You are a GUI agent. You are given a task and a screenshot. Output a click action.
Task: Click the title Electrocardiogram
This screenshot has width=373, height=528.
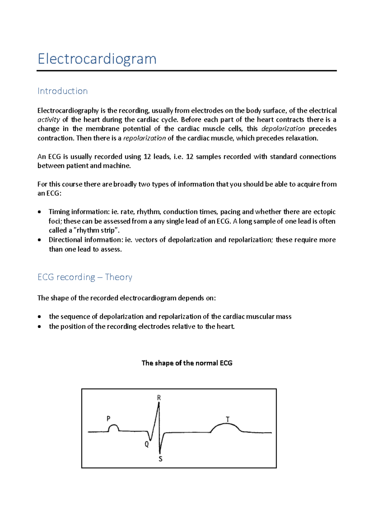(97, 59)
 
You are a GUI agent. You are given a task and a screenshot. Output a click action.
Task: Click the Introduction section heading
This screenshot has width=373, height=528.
(62, 91)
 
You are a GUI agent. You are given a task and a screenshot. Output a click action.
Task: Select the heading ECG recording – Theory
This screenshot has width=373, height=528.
(85, 277)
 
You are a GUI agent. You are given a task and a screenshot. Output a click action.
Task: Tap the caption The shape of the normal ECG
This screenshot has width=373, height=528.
(187, 363)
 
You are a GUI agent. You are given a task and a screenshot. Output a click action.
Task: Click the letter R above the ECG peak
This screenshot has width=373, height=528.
(159, 398)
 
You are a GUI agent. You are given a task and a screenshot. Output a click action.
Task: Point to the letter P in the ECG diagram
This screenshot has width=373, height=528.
(108, 419)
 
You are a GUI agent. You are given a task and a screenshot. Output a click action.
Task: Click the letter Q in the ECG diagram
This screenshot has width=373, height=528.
(147, 445)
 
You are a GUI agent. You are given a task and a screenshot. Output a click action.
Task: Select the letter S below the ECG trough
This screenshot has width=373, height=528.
(160, 459)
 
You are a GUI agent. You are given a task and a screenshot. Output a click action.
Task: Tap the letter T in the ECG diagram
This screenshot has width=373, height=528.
(228, 419)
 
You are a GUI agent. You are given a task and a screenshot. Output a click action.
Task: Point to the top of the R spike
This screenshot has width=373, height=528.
(159, 404)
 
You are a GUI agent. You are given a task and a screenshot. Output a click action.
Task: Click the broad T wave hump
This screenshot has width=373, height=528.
(226, 426)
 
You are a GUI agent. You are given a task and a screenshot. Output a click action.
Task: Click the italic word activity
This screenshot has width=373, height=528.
(48, 120)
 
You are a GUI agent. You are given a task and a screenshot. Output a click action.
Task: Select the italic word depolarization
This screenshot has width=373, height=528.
(283, 129)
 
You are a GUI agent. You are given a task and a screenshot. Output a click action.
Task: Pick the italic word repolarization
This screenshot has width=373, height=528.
(145, 138)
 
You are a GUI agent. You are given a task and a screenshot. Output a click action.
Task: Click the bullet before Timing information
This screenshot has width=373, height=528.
(39, 212)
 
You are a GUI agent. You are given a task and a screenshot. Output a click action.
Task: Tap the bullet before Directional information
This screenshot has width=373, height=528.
(39, 240)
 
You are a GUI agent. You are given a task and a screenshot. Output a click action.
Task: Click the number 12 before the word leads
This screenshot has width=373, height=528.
(147, 157)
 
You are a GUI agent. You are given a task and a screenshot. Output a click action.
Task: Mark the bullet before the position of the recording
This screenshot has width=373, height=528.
(39, 327)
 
